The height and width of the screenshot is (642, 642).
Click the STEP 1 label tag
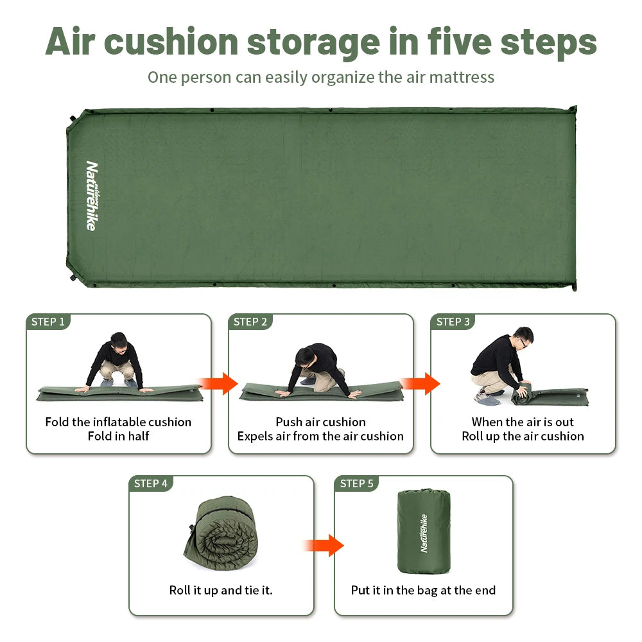pos(48,322)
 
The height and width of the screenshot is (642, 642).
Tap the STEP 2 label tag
pos(250,322)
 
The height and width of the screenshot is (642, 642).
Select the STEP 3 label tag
pos(453,322)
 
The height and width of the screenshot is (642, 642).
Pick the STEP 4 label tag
pos(151,483)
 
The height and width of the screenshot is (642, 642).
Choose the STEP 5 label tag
pos(357,483)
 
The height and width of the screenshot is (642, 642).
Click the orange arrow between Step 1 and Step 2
pos(220,384)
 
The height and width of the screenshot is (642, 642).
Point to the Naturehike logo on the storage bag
pos(423,532)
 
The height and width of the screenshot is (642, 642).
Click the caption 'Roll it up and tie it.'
pos(221,590)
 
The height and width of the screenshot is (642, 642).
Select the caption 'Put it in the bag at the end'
pos(423,590)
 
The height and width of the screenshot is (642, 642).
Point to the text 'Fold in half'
pos(118,437)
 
